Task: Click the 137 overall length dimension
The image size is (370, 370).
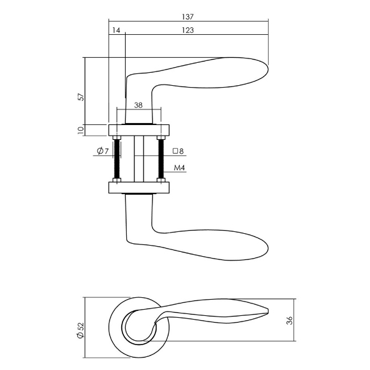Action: tap(188, 17)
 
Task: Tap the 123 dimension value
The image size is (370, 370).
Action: tap(188, 30)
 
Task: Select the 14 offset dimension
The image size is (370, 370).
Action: tap(116, 30)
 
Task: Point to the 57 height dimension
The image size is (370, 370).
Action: tap(81, 97)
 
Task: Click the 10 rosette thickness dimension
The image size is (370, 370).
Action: tap(81, 130)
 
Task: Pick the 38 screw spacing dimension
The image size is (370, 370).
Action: tap(139, 105)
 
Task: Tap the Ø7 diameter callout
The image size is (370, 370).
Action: tap(103, 150)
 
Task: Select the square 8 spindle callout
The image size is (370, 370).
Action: tap(178, 151)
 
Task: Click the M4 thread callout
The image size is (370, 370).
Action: tap(179, 168)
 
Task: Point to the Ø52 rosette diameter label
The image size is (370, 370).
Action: tap(81, 330)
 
